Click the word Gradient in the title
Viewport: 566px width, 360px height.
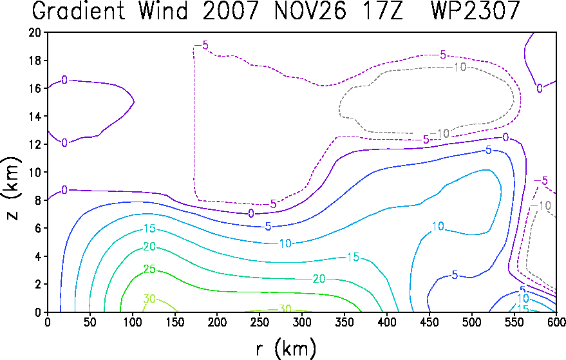(x=79, y=10)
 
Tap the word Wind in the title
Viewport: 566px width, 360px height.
(x=164, y=10)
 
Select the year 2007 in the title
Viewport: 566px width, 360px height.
(x=231, y=10)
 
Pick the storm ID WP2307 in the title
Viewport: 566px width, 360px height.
(x=476, y=10)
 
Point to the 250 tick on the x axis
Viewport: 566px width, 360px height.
(x=260, y=322)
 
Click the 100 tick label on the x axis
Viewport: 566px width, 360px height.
(x=133, y=322)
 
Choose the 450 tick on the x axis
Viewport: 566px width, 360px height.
(x=429, y=322)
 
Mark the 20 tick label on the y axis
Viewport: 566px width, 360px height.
(x=35, y=32)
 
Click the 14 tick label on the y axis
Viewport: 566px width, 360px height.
(x=35, y=117)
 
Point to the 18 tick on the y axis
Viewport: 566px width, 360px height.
(x=35, y=61)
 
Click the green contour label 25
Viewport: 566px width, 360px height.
(x=149, y=269)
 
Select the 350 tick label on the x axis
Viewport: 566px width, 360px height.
(x=344, y=322)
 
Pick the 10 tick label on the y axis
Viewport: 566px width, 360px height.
(x=35, y=172)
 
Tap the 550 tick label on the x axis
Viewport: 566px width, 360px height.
(x=514, y=322)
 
